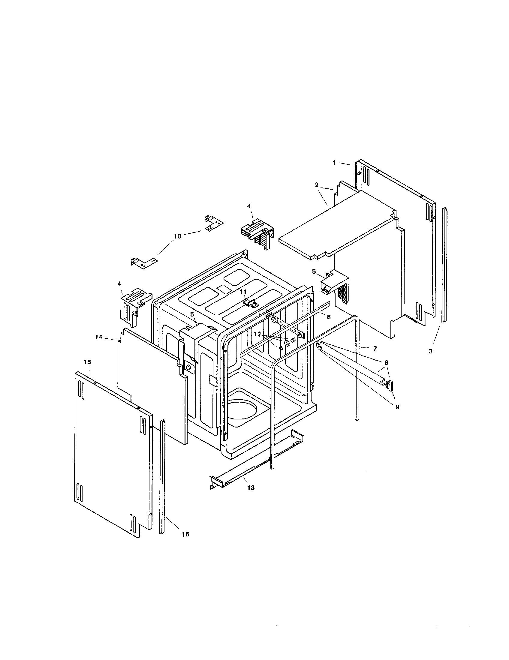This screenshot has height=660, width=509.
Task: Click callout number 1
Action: click(x=334, y=163)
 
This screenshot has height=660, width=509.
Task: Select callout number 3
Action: click(x=430, y=351)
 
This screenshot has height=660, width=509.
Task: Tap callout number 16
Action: click(x=185, y=534)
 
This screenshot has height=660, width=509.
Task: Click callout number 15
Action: click(x=87, y=362)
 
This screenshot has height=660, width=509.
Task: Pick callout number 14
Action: click(x=99, y=337)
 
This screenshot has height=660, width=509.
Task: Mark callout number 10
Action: click(x=178, y=236)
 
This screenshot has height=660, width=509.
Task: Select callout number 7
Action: click(x=375, y=348)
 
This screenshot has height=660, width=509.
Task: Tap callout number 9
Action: click(x=397, y=407)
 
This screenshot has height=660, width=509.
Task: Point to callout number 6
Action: click(x=329, y=317)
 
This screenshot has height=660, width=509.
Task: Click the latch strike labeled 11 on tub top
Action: click(x=250, y=303)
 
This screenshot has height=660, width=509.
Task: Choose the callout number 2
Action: click(x=316, y=185)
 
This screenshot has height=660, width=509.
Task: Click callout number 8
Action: click(x=386, y=362)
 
